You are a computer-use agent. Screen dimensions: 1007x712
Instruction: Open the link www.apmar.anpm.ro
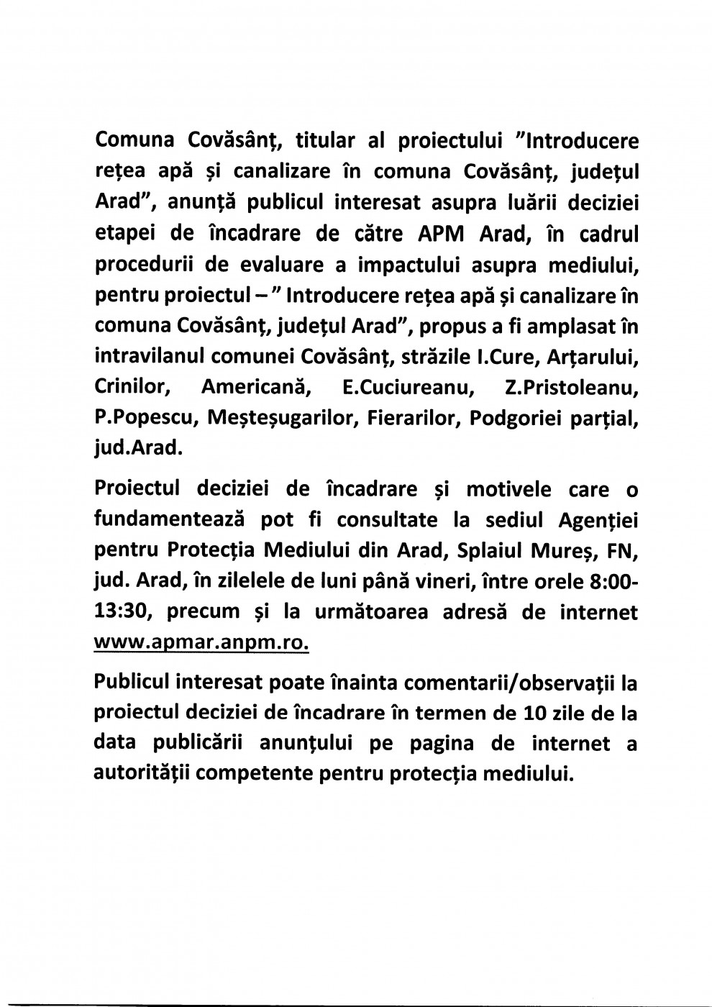201,643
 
